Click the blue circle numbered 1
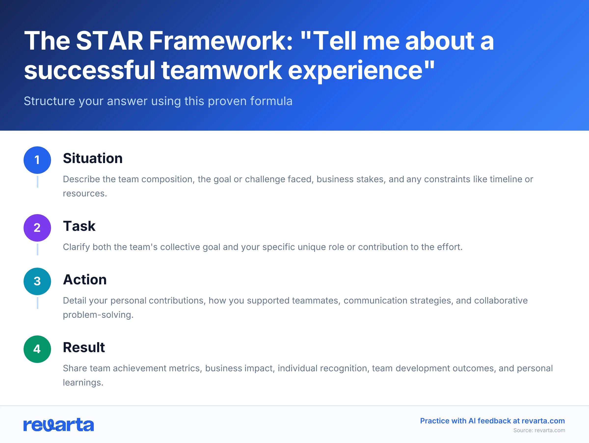(x=37, y=160)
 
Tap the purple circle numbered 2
(x=37, y=228)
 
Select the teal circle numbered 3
(x=37, y=281)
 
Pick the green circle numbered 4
(x=37, y=349)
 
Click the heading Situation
(x=93, y=158)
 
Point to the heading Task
(x=79, y=226)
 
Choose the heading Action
(x=85, y=280)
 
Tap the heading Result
(x=84, y=347)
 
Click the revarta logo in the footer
(x=59, y=425)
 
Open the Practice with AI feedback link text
(x=492, y=421)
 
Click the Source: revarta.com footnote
(x=539, y=430)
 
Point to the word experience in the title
(x=355, y=70)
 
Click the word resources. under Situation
(x=85, y=194)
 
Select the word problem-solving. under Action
(x=98, y=315)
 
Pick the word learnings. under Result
(x=83, y=383)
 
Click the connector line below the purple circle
(x=38, y=249)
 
